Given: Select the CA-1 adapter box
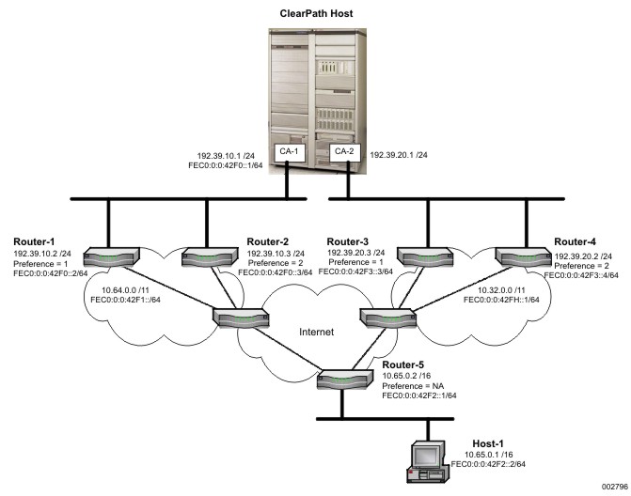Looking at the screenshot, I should pyautogui.click(x=287, y=150).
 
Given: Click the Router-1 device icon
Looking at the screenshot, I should pyautogui.click(x=111, y=255).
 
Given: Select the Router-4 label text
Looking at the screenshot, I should pyautogui.click(x=576, y=241).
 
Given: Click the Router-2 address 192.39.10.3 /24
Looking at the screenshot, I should pyautogui.click(x=275, y=254).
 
